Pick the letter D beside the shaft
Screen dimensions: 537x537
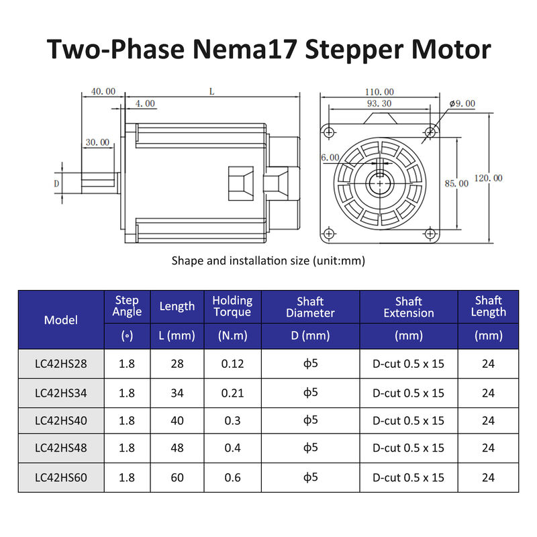(x=57, y=183)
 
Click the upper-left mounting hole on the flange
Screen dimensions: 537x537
(x=328, y=130)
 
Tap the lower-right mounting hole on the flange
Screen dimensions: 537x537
(x=430, y=234)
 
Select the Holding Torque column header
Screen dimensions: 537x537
(x=232, y=306)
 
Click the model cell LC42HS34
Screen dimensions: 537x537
(x=61, y=393)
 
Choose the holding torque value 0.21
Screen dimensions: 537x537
(x=232, y=393)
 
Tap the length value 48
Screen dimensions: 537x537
(x=177, y=448)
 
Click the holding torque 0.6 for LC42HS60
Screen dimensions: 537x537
(x=232, y=477)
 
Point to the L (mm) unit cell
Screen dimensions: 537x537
(x=177, y=336)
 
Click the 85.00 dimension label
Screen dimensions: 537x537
(x=456, y=183)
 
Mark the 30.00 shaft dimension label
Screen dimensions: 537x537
(x=97, y=142)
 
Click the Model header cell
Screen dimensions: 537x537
(x=61, y=320)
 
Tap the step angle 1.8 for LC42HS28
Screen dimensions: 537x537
(x=127, y=364)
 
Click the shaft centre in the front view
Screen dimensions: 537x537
(x=380, y=182)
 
